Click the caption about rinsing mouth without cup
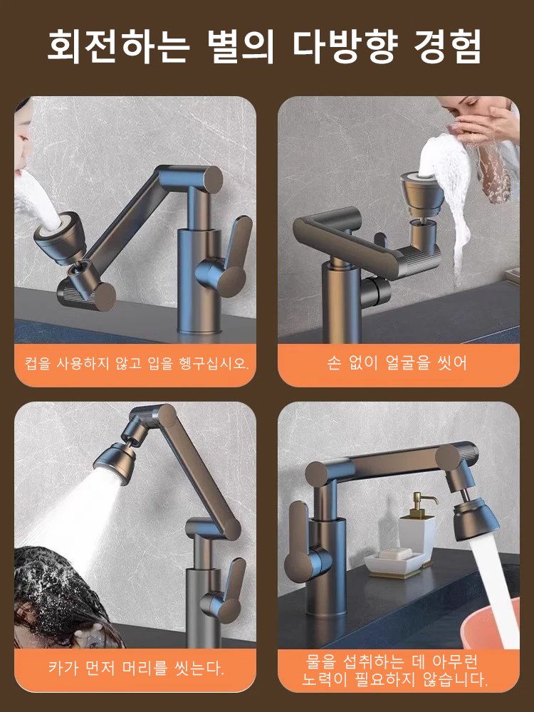point(135,364)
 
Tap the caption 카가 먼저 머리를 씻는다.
point(135,668)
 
